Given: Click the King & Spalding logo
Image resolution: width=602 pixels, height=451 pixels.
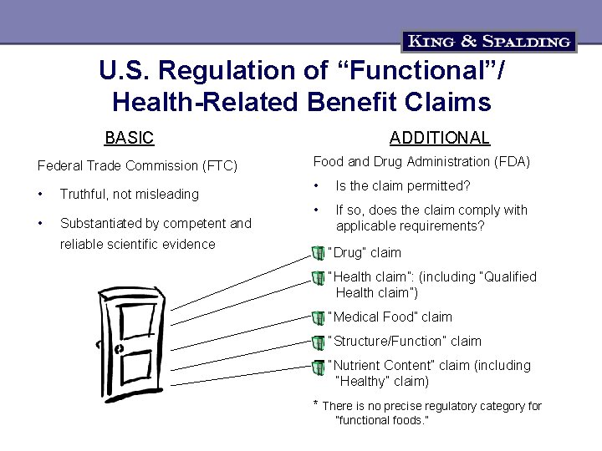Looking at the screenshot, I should [x=489, y=41].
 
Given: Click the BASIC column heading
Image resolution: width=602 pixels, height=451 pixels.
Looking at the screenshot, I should [x=129, y=138].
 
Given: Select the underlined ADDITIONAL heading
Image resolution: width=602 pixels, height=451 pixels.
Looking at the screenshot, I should [x=440, y=139].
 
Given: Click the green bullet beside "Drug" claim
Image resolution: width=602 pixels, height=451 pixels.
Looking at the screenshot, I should [x=318, y=253].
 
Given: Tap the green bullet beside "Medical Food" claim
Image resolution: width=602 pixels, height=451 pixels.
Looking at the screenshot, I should [x=318, y=317].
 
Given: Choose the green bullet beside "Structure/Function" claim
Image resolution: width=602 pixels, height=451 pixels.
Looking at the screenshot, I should [x=318, y=342].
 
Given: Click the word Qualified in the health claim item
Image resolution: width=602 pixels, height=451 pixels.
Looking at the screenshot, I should [x=508, y=276].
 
